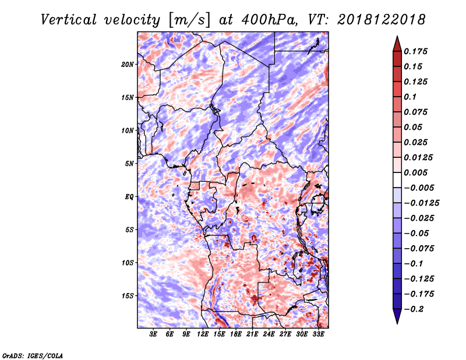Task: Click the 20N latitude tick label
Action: [128, 64]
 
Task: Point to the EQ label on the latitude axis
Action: [129, 197]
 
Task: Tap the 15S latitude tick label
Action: [128, 296]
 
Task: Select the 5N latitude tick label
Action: [129, 164]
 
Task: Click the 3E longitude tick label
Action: [153, 334]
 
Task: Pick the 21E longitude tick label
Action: [252, 334]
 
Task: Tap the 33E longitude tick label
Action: [318, 334]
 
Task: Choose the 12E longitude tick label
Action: [203, 334]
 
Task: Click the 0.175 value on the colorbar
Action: [415, 51]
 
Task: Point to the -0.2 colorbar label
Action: [414, 309]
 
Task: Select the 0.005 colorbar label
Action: [415, 172]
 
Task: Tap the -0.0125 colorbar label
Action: [421, 203]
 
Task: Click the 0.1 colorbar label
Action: [410, 97]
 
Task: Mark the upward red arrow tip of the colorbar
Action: [397, 36]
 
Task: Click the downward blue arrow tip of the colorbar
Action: [397, 323]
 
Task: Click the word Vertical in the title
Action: [69, 20]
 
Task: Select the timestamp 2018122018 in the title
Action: [382, 20]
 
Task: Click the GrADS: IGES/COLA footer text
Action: [33, 355]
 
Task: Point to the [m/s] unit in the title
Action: [190, 20]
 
